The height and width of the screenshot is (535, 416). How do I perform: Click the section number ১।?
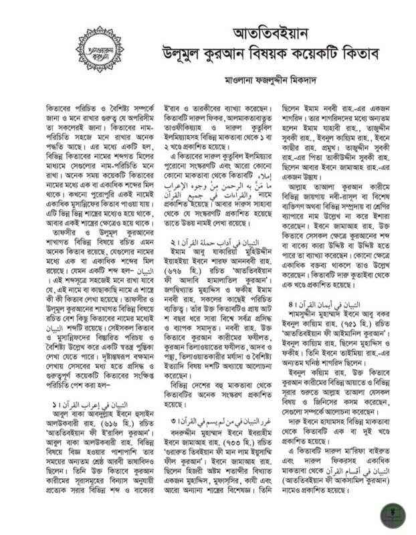coord(51,405)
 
